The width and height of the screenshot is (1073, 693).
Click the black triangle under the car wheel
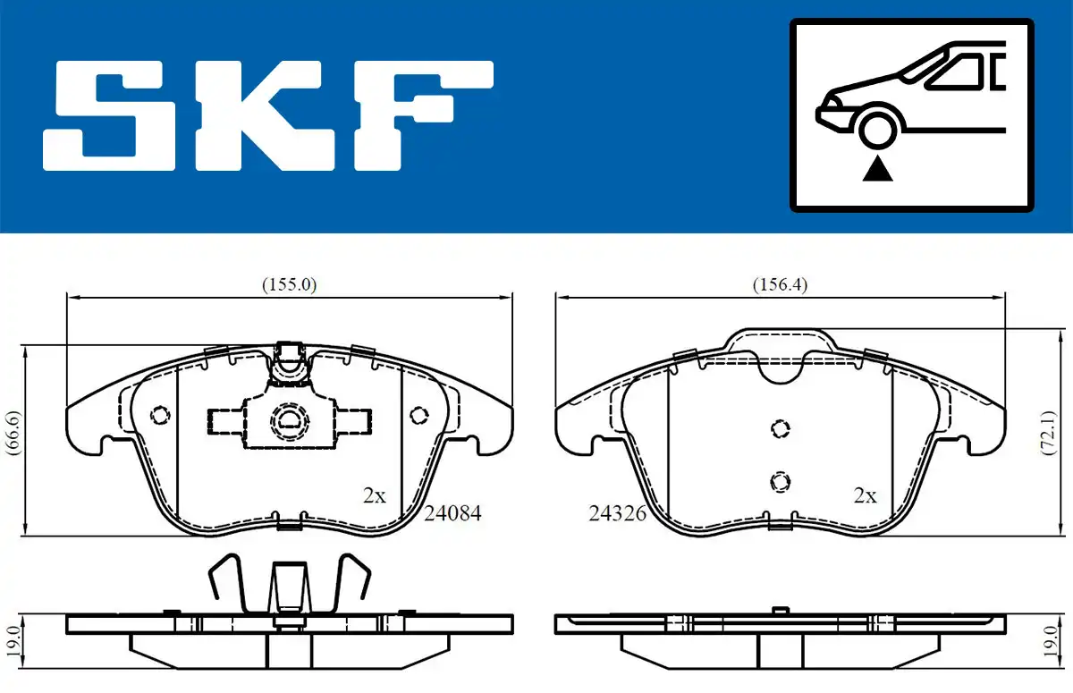877,170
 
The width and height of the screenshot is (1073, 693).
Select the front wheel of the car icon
877,130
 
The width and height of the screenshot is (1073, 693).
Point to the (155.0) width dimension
290,285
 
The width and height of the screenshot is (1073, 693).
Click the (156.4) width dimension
780,285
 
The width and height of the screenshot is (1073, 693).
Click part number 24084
452,513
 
